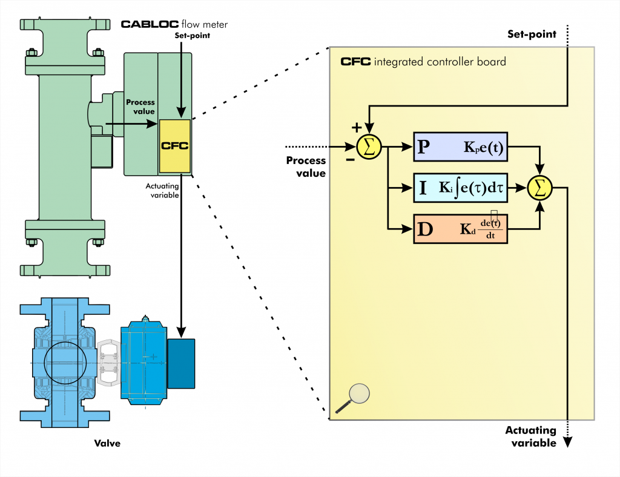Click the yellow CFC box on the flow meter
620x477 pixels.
click(175, 145)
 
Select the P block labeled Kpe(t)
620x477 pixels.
click(461, 146)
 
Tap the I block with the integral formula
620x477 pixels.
click(461, 188)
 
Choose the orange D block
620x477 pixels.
click(461, 229)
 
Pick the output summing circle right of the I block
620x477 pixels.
click(540, 188)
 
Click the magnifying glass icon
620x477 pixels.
click(357, 397)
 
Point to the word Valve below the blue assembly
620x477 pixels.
click(107, 444)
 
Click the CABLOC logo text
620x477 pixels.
click(149, 24)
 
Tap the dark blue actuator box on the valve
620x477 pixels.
click(181, 363)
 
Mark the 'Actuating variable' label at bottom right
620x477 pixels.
click(531, 436)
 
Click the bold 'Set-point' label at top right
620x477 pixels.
click(531, 35)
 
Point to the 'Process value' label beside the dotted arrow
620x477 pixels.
click(306, 166)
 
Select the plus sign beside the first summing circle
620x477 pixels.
click(357, 128)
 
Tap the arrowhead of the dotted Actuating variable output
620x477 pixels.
click(568, 443)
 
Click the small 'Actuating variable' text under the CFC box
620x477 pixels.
click(163, 191)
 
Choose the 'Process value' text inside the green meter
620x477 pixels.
click(140, 107)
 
